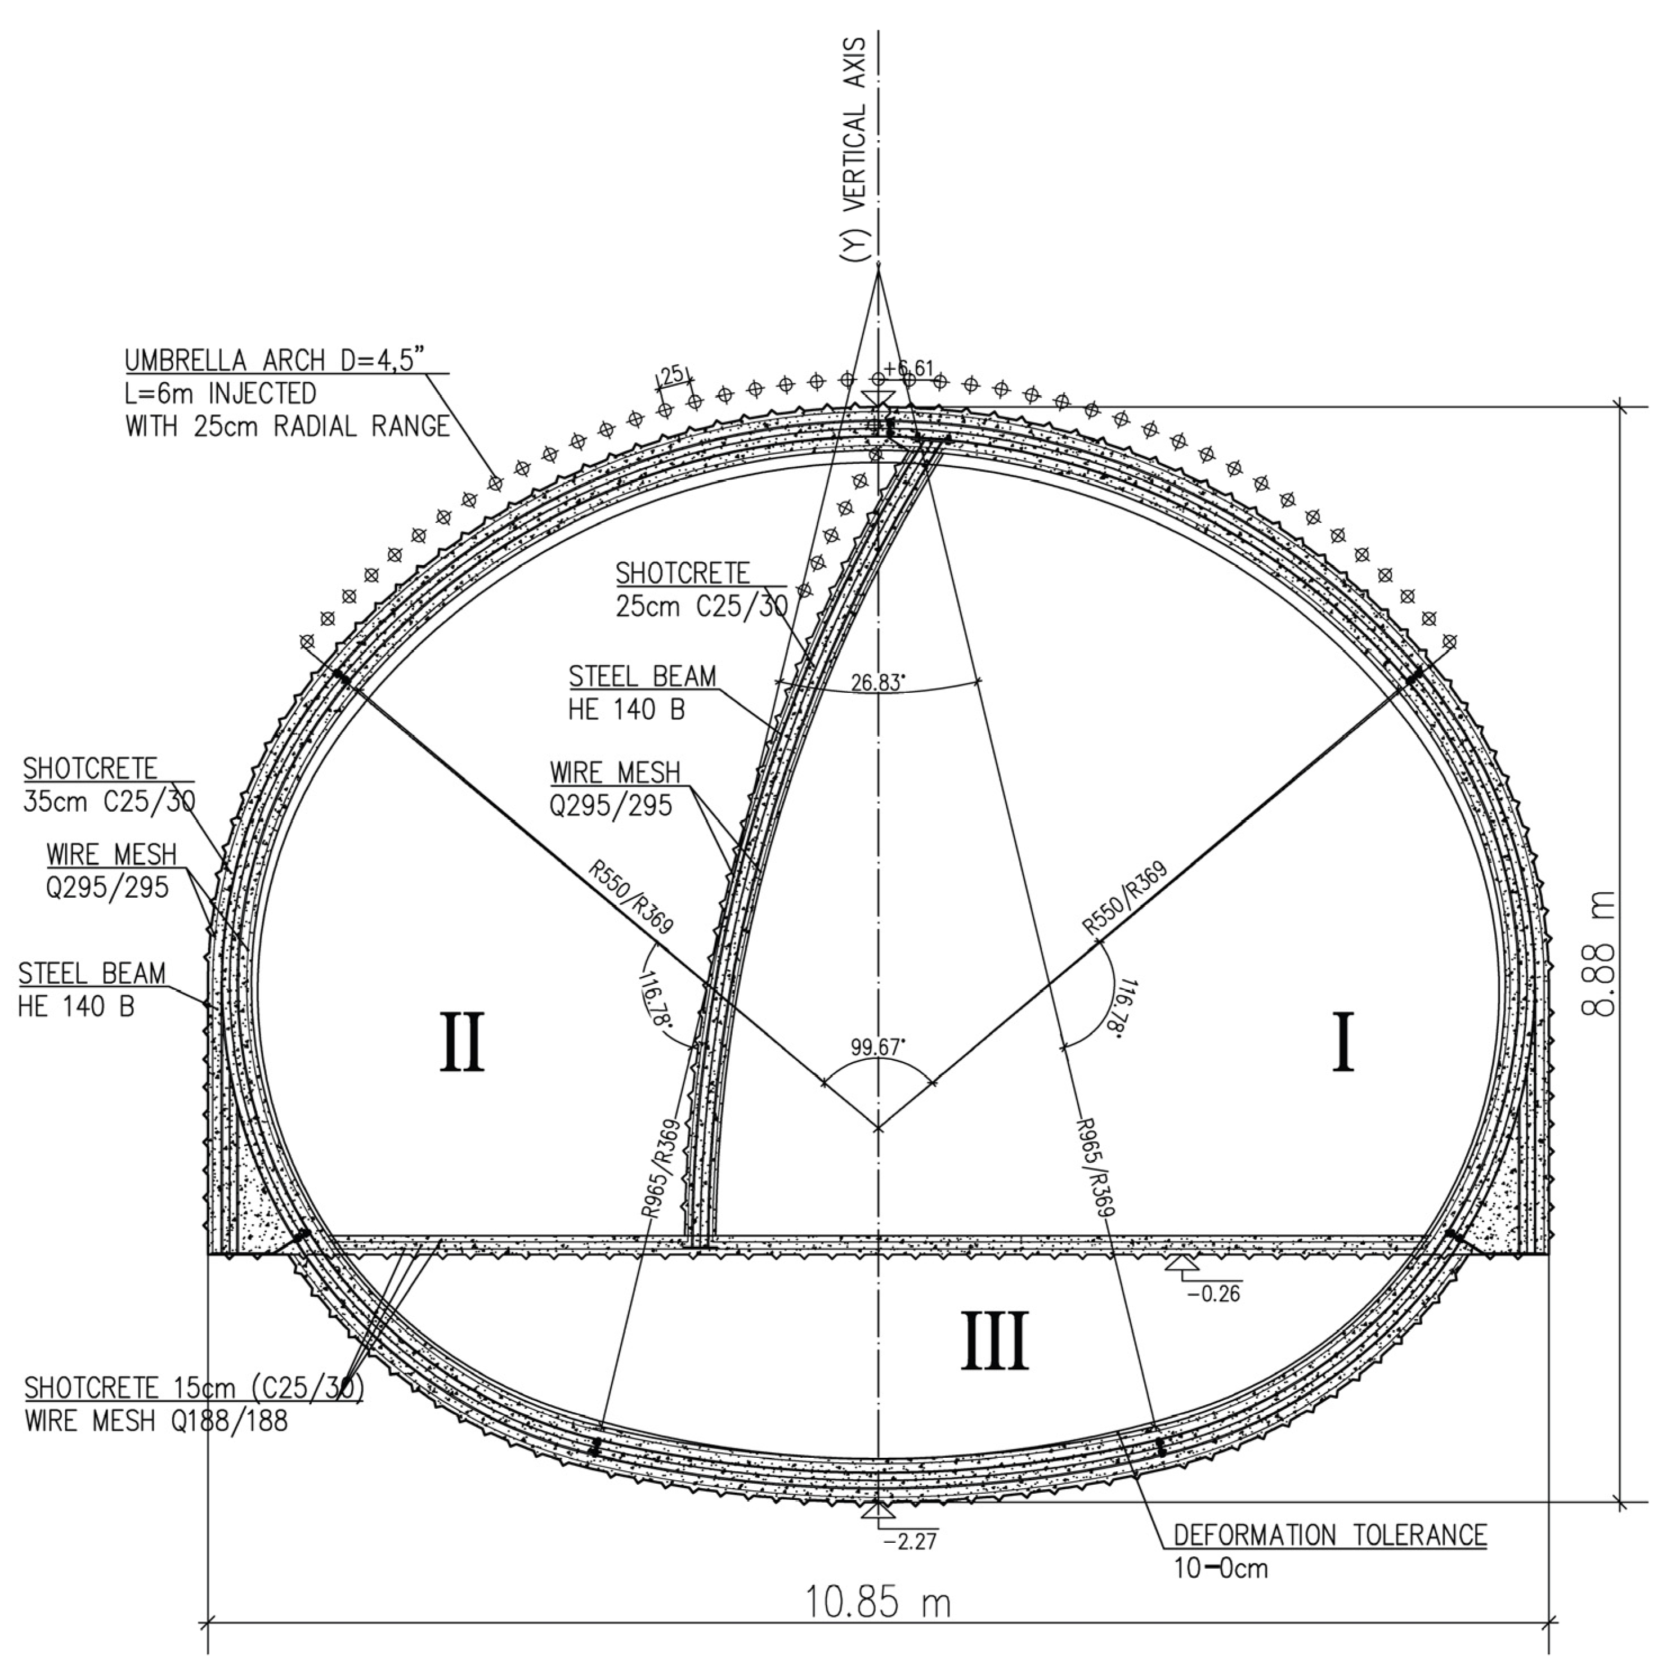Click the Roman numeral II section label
[462, 1042]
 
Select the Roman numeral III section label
[996, 1340]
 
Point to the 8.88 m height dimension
[1598, 953]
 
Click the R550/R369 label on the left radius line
[630, 897]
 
